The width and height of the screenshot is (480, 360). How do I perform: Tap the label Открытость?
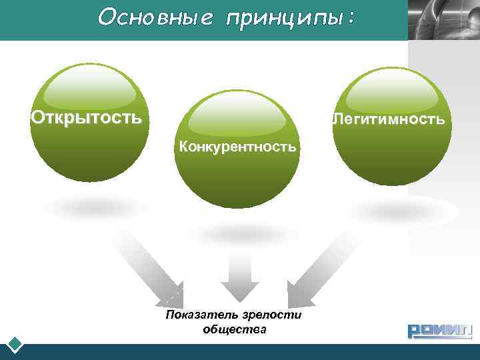[86, 118]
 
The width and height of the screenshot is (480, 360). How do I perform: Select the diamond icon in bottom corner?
[15, 345]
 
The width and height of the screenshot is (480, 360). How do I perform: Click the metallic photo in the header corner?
[443, 20]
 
